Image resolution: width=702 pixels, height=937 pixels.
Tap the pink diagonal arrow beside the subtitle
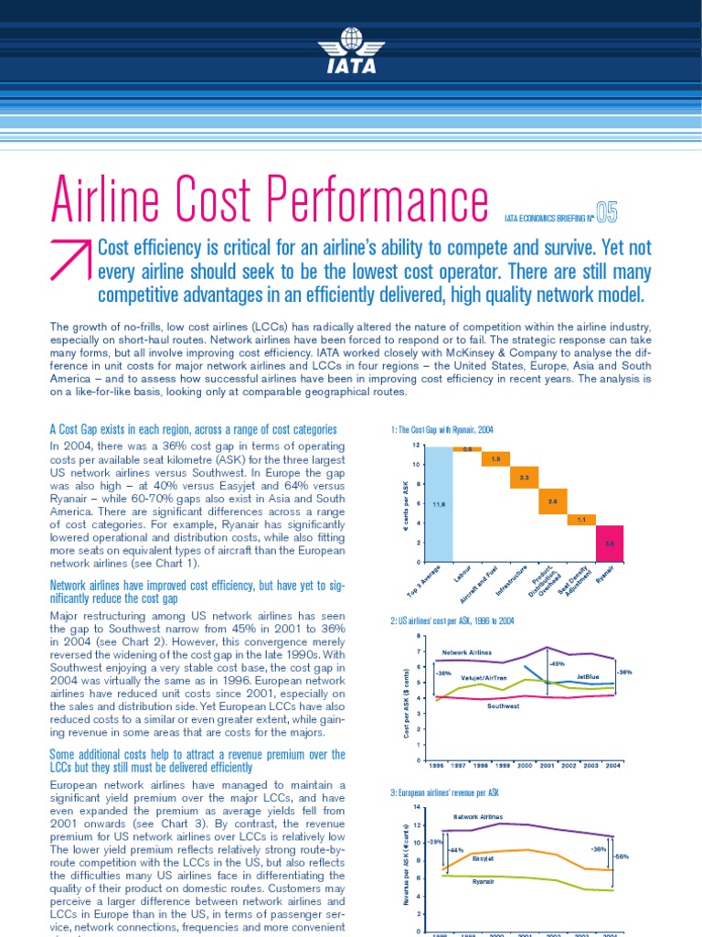click(71, 261)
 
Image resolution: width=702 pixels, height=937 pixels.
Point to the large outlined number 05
click(606, 213)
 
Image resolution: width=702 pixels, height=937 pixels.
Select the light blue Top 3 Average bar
click(439, 503)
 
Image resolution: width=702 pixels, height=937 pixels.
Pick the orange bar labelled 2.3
click(525, 478)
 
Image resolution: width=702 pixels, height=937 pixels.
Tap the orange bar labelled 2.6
click(553, 501)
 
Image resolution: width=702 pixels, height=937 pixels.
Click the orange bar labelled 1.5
click(496, 458)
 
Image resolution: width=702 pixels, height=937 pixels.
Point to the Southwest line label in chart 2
click(505, 706)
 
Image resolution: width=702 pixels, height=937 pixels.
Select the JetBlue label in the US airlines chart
click(589, 677)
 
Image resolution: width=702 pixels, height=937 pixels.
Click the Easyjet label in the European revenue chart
click(484, 858)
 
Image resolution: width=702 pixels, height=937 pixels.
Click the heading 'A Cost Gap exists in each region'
click(193, 429)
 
